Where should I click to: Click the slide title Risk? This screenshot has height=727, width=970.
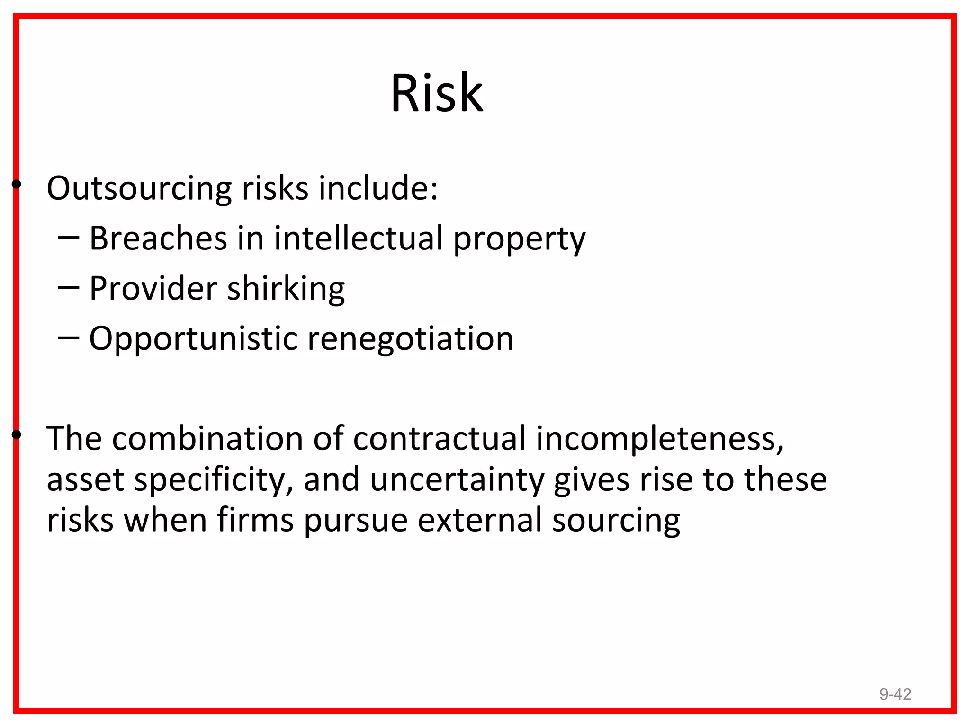pyautogui.click(x=437, y=93)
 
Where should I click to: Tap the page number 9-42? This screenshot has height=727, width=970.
pyautogui.click(x=895, y=694)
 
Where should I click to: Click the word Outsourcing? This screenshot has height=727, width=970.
pyautogui.click(x=139, y=188)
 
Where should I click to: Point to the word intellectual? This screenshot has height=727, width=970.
pyautogui.click(x=359, y=238)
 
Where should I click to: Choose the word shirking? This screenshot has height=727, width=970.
pyautogui.click(x=286, y=289)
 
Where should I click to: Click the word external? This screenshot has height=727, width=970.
pyautogui.click(x=480, y=520)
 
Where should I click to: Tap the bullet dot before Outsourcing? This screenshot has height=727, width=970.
pyautogui.click(x=17, y=184)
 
